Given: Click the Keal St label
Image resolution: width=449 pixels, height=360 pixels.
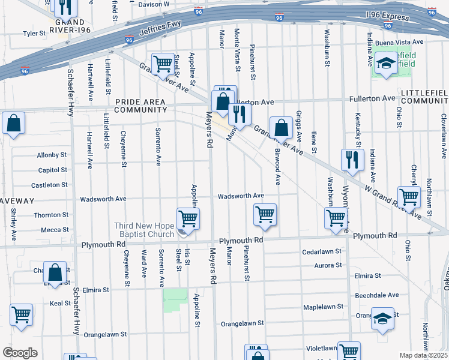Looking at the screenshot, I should (x=60, y=303).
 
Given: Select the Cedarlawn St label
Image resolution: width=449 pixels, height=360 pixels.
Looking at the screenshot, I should (x=322, y=251).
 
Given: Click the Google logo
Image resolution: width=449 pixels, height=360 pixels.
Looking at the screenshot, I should (x=20, y=353).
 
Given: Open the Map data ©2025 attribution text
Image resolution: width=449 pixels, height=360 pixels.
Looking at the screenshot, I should (x=423, y=355).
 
